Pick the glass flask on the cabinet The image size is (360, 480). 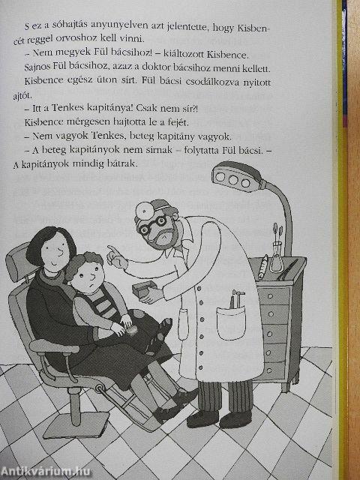277,259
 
